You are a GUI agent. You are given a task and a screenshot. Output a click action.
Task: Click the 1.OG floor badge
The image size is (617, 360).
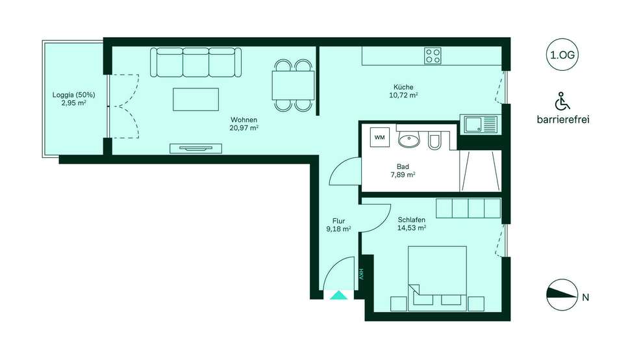pos(562,55)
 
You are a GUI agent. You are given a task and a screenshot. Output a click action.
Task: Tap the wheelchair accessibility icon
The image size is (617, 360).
pos(562,101)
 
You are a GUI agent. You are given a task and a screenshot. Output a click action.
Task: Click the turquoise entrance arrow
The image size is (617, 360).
pos(338,295)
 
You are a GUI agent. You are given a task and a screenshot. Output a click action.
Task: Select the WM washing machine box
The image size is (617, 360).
pos(380,137)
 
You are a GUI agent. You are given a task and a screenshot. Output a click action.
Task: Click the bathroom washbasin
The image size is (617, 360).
pos(409,139)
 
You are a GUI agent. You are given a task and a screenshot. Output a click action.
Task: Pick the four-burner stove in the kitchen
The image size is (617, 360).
pos(433,56)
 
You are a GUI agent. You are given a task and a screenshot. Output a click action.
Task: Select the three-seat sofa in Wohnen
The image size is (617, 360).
pos(195,62)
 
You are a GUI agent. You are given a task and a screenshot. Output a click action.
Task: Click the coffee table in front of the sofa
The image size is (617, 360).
pos(195,99)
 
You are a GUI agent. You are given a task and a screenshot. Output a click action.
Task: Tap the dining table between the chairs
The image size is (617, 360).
pos(293,86)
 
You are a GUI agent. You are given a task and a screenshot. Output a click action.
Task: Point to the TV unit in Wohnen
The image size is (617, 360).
pos(195,149)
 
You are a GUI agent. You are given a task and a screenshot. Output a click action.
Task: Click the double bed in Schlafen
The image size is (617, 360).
pos(437,279)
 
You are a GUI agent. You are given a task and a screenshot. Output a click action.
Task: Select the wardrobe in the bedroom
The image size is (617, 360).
pos(468,209)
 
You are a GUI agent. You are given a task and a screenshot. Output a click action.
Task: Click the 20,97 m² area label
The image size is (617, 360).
pos(244,127)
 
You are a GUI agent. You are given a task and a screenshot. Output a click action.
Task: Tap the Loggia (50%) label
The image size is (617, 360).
pos(74,95)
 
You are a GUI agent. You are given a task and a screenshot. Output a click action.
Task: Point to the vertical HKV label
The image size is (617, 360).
pos(361,274)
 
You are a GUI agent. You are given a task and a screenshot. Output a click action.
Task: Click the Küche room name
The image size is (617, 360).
pos(403,87)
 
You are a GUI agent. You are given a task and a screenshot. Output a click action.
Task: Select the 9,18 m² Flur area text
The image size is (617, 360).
pos(339,229)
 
